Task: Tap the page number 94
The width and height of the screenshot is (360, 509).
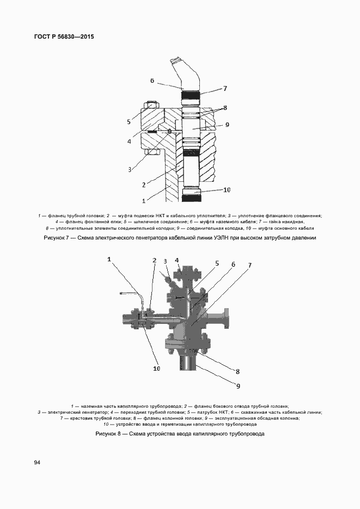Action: click(37, 463)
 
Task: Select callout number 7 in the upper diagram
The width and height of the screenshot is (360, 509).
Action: click(224, 88)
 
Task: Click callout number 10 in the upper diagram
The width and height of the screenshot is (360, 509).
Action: click(227, 190)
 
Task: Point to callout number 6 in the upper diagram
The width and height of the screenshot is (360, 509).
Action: click(152, 81)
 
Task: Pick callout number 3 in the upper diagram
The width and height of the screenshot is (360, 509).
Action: click(130, 169)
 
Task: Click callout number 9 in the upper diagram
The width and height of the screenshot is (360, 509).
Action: click(227, 125)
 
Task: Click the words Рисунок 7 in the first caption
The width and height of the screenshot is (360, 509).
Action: click(54, 238)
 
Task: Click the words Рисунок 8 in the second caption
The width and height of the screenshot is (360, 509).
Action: click(108, 434)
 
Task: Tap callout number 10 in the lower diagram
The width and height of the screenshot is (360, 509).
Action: click(156, 369)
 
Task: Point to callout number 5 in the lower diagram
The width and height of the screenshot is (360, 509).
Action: click(216, 263)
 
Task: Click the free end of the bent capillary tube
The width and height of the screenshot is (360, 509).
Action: click(121, 295)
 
